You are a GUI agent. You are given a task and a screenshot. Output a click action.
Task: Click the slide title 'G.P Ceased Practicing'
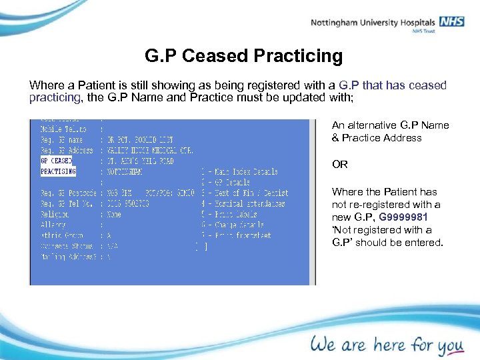pos(243,56)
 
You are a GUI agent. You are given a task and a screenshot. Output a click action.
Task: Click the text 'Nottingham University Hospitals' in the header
pos(373,23)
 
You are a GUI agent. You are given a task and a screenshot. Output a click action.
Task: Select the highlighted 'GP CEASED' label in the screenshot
pos(57,161)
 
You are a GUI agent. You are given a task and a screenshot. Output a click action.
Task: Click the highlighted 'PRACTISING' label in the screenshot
pos(58,171)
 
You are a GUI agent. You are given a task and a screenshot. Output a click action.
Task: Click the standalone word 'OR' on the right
pos(339,165)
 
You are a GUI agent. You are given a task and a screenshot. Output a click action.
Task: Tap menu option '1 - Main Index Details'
pos(239,171)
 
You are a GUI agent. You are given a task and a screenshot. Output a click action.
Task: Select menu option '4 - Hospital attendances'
pos(243,203)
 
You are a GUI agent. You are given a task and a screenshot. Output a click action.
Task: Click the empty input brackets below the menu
pos(201,246)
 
